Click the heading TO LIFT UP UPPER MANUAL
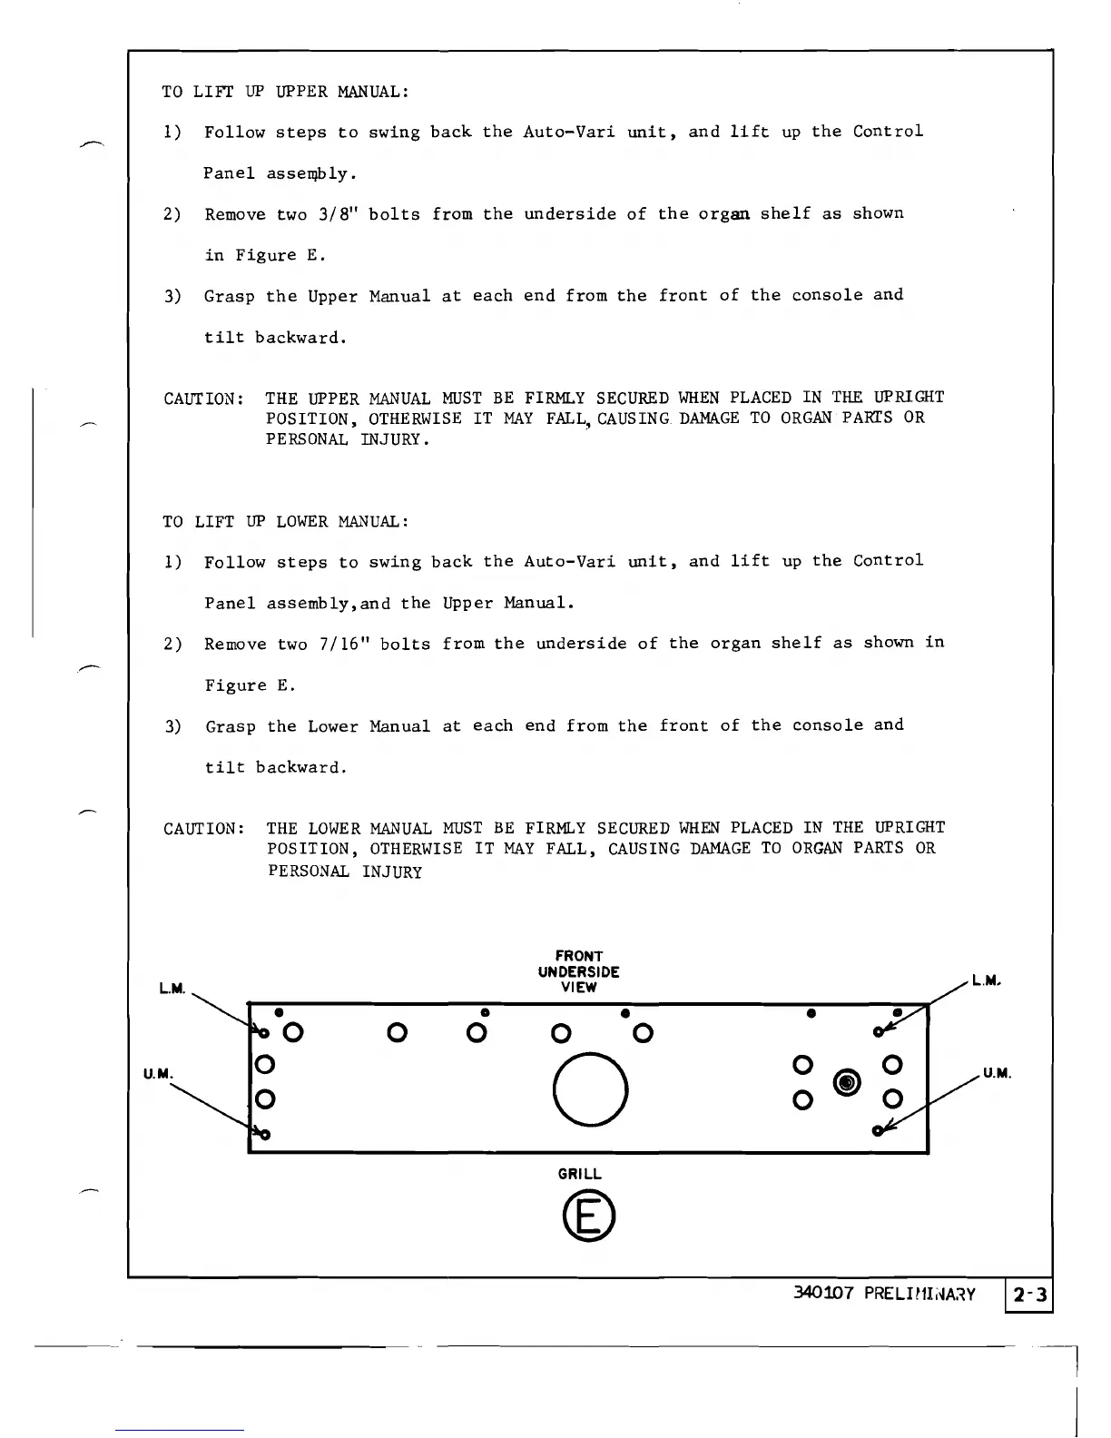pyautogui.click(x=285, y=92)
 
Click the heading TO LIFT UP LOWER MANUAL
pyautogui.click(x=285, y=522)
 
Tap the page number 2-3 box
pyautogui.click(x=1030, y=1295)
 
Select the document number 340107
pyautogui.click(x=822, y=1294)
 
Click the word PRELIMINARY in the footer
pyautogui.click(x=918, y=1294)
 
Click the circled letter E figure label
pyautogui.click(x=587, y=1217)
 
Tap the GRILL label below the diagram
pyautogui.click(x=580, y=1174)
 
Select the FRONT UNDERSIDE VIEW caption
pyautogui.click(x=578, y=971)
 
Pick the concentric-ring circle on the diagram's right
pyautogui.click(x=847, y=1082)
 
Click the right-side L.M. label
pyautogui.click(x=986, y=980)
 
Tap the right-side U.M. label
pyautogui.click(x=997, y=1074)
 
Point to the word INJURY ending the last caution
pyautogui.click(x=391, y=872)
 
